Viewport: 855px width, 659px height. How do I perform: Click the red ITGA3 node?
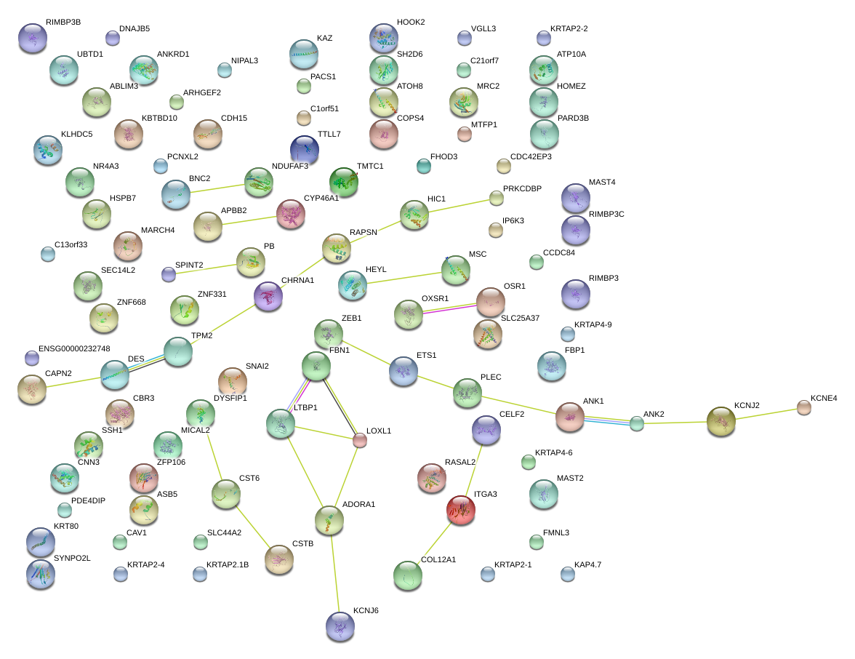point(461,510)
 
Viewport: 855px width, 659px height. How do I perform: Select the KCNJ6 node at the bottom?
point(340,626)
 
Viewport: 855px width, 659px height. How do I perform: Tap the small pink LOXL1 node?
point(360,440)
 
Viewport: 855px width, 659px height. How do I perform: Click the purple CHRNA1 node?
point(268,296)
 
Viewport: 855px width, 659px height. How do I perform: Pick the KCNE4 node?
point(804,407)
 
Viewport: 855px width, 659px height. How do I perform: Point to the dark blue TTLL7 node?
point(304,150)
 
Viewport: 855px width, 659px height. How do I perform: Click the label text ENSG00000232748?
point(74,348)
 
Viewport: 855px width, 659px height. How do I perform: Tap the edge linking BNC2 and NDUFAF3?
point(217,189)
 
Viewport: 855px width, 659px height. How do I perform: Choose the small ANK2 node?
point(637,424)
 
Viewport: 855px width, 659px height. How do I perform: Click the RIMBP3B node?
point(33,38)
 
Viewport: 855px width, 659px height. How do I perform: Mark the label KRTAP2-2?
point(569,28)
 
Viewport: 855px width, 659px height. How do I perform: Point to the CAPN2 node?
point(32,390)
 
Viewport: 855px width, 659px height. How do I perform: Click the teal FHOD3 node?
point(424,166)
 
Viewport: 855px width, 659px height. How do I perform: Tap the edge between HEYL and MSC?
point(404,277)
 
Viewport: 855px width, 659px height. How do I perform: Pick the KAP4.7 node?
point(568,574)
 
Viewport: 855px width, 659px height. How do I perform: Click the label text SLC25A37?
point(521,318)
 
